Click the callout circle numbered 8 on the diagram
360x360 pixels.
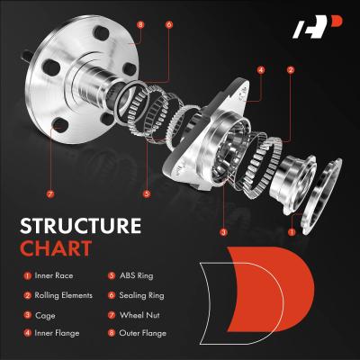140,25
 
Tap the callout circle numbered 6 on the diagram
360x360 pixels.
169,25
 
